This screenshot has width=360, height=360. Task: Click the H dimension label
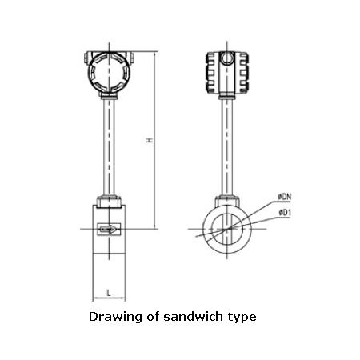tap(150, 140)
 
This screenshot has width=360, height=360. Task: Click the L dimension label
tap(109, 293)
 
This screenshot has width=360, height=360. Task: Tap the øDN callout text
tap(285, 197)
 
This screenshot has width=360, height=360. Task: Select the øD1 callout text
tap(285, 213)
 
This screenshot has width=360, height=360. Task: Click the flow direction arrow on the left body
tap(109, 229)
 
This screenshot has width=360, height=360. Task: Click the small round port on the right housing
tap(226, 58)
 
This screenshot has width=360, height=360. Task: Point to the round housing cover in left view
tap(109, 72)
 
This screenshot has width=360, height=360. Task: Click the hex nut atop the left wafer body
tap(109, 202)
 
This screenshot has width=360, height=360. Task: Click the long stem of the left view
tap(109, 148)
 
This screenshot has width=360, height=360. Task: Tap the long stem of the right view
tap(226, 148)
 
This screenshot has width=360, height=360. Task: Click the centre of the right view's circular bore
tap(226, 229)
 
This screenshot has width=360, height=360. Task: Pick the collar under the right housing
tap(226, 96)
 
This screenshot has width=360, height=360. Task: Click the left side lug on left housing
tap(86, 58)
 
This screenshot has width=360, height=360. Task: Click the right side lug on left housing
tap(132, 58)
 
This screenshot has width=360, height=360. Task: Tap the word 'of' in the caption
tap(153, 317)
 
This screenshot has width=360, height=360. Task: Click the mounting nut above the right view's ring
tap(226, 202)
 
